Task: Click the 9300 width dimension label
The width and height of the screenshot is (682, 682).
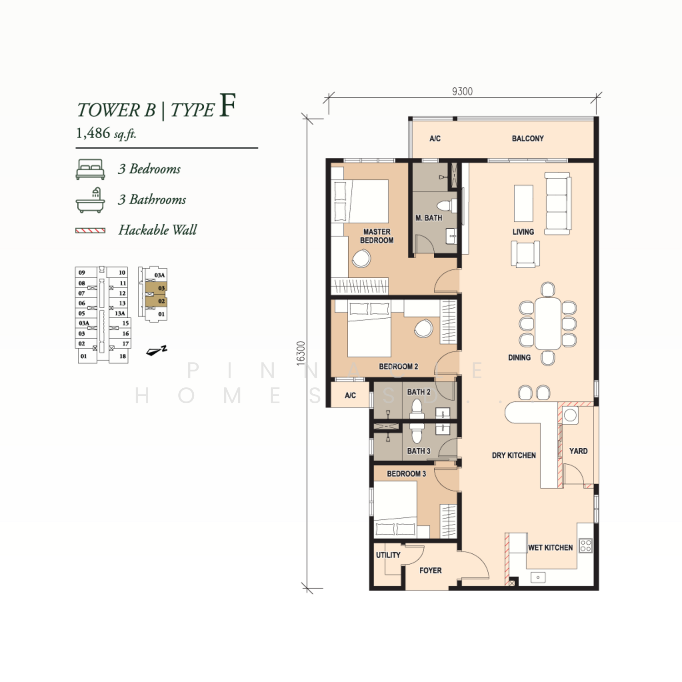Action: coord(462,91)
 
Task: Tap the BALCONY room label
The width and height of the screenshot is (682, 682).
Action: coord(528,139)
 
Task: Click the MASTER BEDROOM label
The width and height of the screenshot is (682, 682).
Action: coord(377,236)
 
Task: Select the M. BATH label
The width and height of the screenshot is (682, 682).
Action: coord(429,218)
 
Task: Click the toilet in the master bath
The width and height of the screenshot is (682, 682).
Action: coord(447,205)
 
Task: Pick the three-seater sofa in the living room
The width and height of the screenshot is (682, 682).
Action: coord(557,203)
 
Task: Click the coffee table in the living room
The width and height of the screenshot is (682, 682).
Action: coord(523,203)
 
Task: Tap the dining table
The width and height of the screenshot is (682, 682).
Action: coord(548,323)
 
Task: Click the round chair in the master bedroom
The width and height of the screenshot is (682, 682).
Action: coord(361,259)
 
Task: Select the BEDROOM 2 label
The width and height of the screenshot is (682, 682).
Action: coord(398,366)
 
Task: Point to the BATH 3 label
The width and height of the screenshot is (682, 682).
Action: coord(419,451)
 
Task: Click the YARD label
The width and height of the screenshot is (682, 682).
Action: coord(578,451)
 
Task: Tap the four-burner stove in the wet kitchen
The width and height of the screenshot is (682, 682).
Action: coord(586,546)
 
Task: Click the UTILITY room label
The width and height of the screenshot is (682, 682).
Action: coord(388,555)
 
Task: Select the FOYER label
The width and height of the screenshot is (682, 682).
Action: coord(431,571)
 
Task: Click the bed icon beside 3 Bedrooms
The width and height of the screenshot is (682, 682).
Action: coord(90,169)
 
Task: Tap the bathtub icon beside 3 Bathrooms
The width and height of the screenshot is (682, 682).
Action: coord(90,200)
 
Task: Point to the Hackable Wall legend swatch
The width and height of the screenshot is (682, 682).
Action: coord(90,231)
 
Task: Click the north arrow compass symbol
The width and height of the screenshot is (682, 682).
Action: coord(156,351)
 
